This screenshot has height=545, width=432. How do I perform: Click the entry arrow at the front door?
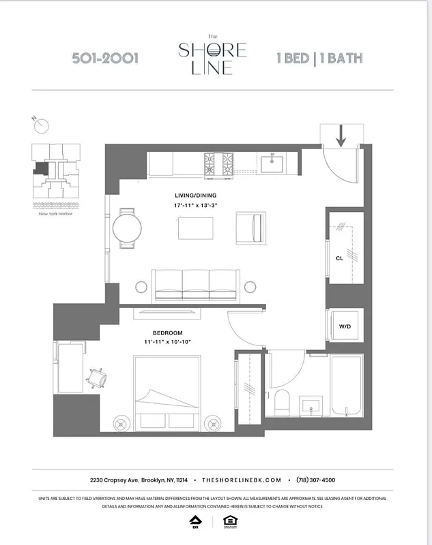(341, 137)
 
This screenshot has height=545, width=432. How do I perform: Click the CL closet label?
(339, 258)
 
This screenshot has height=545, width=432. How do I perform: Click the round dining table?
(126, 228)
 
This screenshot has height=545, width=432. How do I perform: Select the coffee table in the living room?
(197, 228)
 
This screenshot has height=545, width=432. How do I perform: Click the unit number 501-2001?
(105, 59)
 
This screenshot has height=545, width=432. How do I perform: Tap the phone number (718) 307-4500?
(316, 480)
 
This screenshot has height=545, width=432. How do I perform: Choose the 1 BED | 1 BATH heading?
(319, 59)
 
